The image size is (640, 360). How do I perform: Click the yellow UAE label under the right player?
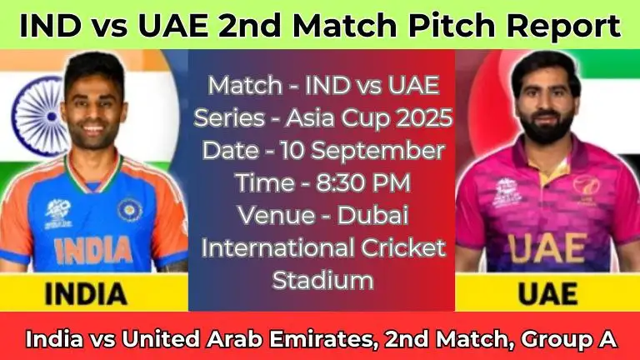coord(547,292)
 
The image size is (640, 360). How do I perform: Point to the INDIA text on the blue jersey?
coord(93,248)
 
